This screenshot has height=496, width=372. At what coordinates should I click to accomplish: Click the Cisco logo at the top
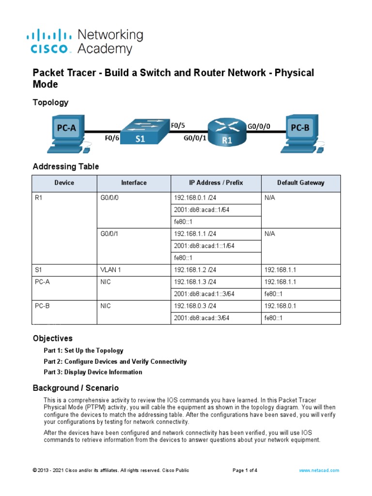pyautogui.click(x=51, y=42)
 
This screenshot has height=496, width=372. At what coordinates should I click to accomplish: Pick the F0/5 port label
pyautogui.click(x=178, y=125)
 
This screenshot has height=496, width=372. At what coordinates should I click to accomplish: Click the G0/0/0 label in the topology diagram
pyautogui.click(x=259, y=126)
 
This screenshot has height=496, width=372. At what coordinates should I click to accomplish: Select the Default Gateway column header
pyautogui.click(x=301, y=183)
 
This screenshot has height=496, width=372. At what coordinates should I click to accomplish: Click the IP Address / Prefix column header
pyautogui.click(x=216, y=183)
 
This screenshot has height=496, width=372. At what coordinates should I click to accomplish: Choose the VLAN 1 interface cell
pyautogui.click(x=111, y=270)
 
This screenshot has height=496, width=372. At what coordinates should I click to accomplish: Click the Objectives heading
pyautogui.click(x=52, y=338)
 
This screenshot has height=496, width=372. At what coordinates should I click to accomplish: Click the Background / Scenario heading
pyautogui.click(x=76, y=388)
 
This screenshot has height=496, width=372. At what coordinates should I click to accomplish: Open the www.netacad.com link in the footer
pyautogui.click(x=319, y=470)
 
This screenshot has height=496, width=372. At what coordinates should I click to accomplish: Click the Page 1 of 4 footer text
pyautogui.click(x=245, y=470)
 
